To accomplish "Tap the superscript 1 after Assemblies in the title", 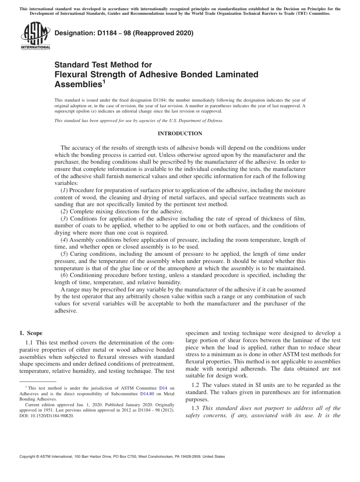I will pyautogui.click(x=104, y=81).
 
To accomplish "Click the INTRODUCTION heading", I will pyautogui.click(x=180, y=133).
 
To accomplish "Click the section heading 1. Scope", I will pyautogui.click(x=31, y=333).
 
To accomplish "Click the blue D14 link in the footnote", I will pyautogui.click(x=163, y=388).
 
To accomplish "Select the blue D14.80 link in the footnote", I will pyautogui.click(x=147, y=394).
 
